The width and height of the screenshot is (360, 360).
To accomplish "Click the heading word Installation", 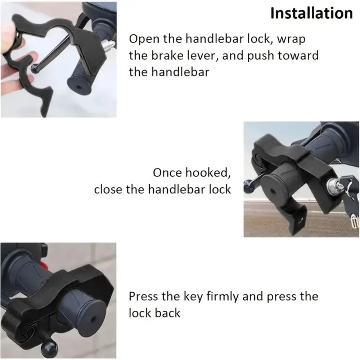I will tap(311, 14).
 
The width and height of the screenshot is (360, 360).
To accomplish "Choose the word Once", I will tap(167, 172).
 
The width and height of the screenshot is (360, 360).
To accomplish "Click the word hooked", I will tap(208, 172).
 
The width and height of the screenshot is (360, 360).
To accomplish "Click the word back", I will tap(167, 313).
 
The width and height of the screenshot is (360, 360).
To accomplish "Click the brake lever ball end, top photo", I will tap(35, 68).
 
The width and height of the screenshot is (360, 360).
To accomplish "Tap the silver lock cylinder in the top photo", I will tap(108, 45).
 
